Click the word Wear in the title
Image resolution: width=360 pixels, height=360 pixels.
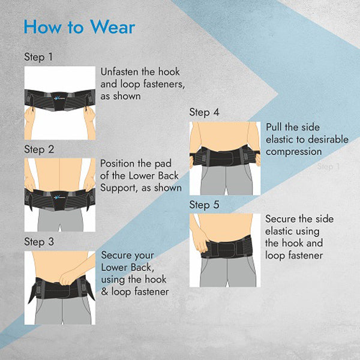(x=112, y=27)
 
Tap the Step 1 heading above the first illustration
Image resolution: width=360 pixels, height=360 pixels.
(x=38, y=57)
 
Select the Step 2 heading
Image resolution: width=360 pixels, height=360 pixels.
(x=39, y=149)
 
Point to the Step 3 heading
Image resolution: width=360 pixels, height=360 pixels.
(x=39, y=242)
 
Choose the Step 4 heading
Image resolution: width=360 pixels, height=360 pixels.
(x=204, y=113)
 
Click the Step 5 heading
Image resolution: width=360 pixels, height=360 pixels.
(x=204, y=205)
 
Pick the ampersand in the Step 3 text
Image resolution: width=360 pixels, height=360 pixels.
(x=104, y=292)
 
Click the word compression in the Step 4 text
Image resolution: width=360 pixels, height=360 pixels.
(x=293, y=152)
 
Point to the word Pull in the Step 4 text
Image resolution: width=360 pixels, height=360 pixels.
(x=274, y=127)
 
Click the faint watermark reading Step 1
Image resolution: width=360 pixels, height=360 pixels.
(x=328, y=166)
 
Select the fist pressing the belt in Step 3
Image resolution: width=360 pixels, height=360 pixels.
(x=66, y=278)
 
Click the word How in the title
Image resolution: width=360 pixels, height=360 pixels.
(x=43, y=27)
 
